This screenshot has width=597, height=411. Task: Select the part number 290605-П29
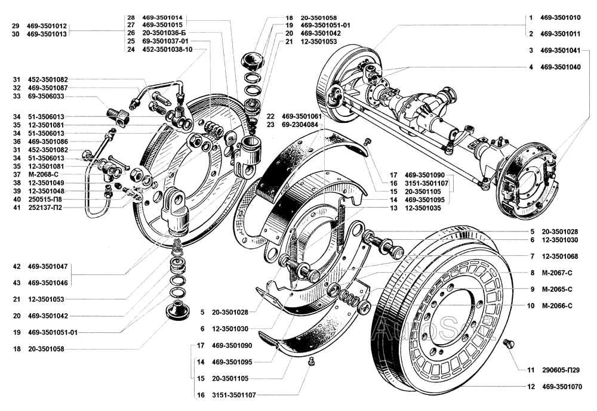tap(560, 369)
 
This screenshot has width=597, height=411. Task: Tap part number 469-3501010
tap(560, 17)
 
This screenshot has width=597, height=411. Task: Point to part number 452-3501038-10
tap(167, 50)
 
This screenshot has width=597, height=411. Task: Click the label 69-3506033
tap(46, 96)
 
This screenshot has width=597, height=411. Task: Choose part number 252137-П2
tap(45, 208)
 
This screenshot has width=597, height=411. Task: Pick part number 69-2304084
tap(300, 125)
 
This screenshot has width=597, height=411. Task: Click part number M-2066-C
tap(556, 305)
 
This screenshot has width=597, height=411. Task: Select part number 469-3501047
tap(48, 267)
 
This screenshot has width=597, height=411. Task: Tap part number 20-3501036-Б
tap(164, 33)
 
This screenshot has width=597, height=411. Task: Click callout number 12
tap(531, 387)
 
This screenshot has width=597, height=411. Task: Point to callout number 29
tap(16, 26)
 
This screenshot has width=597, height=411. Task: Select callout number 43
tap(16, 283)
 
